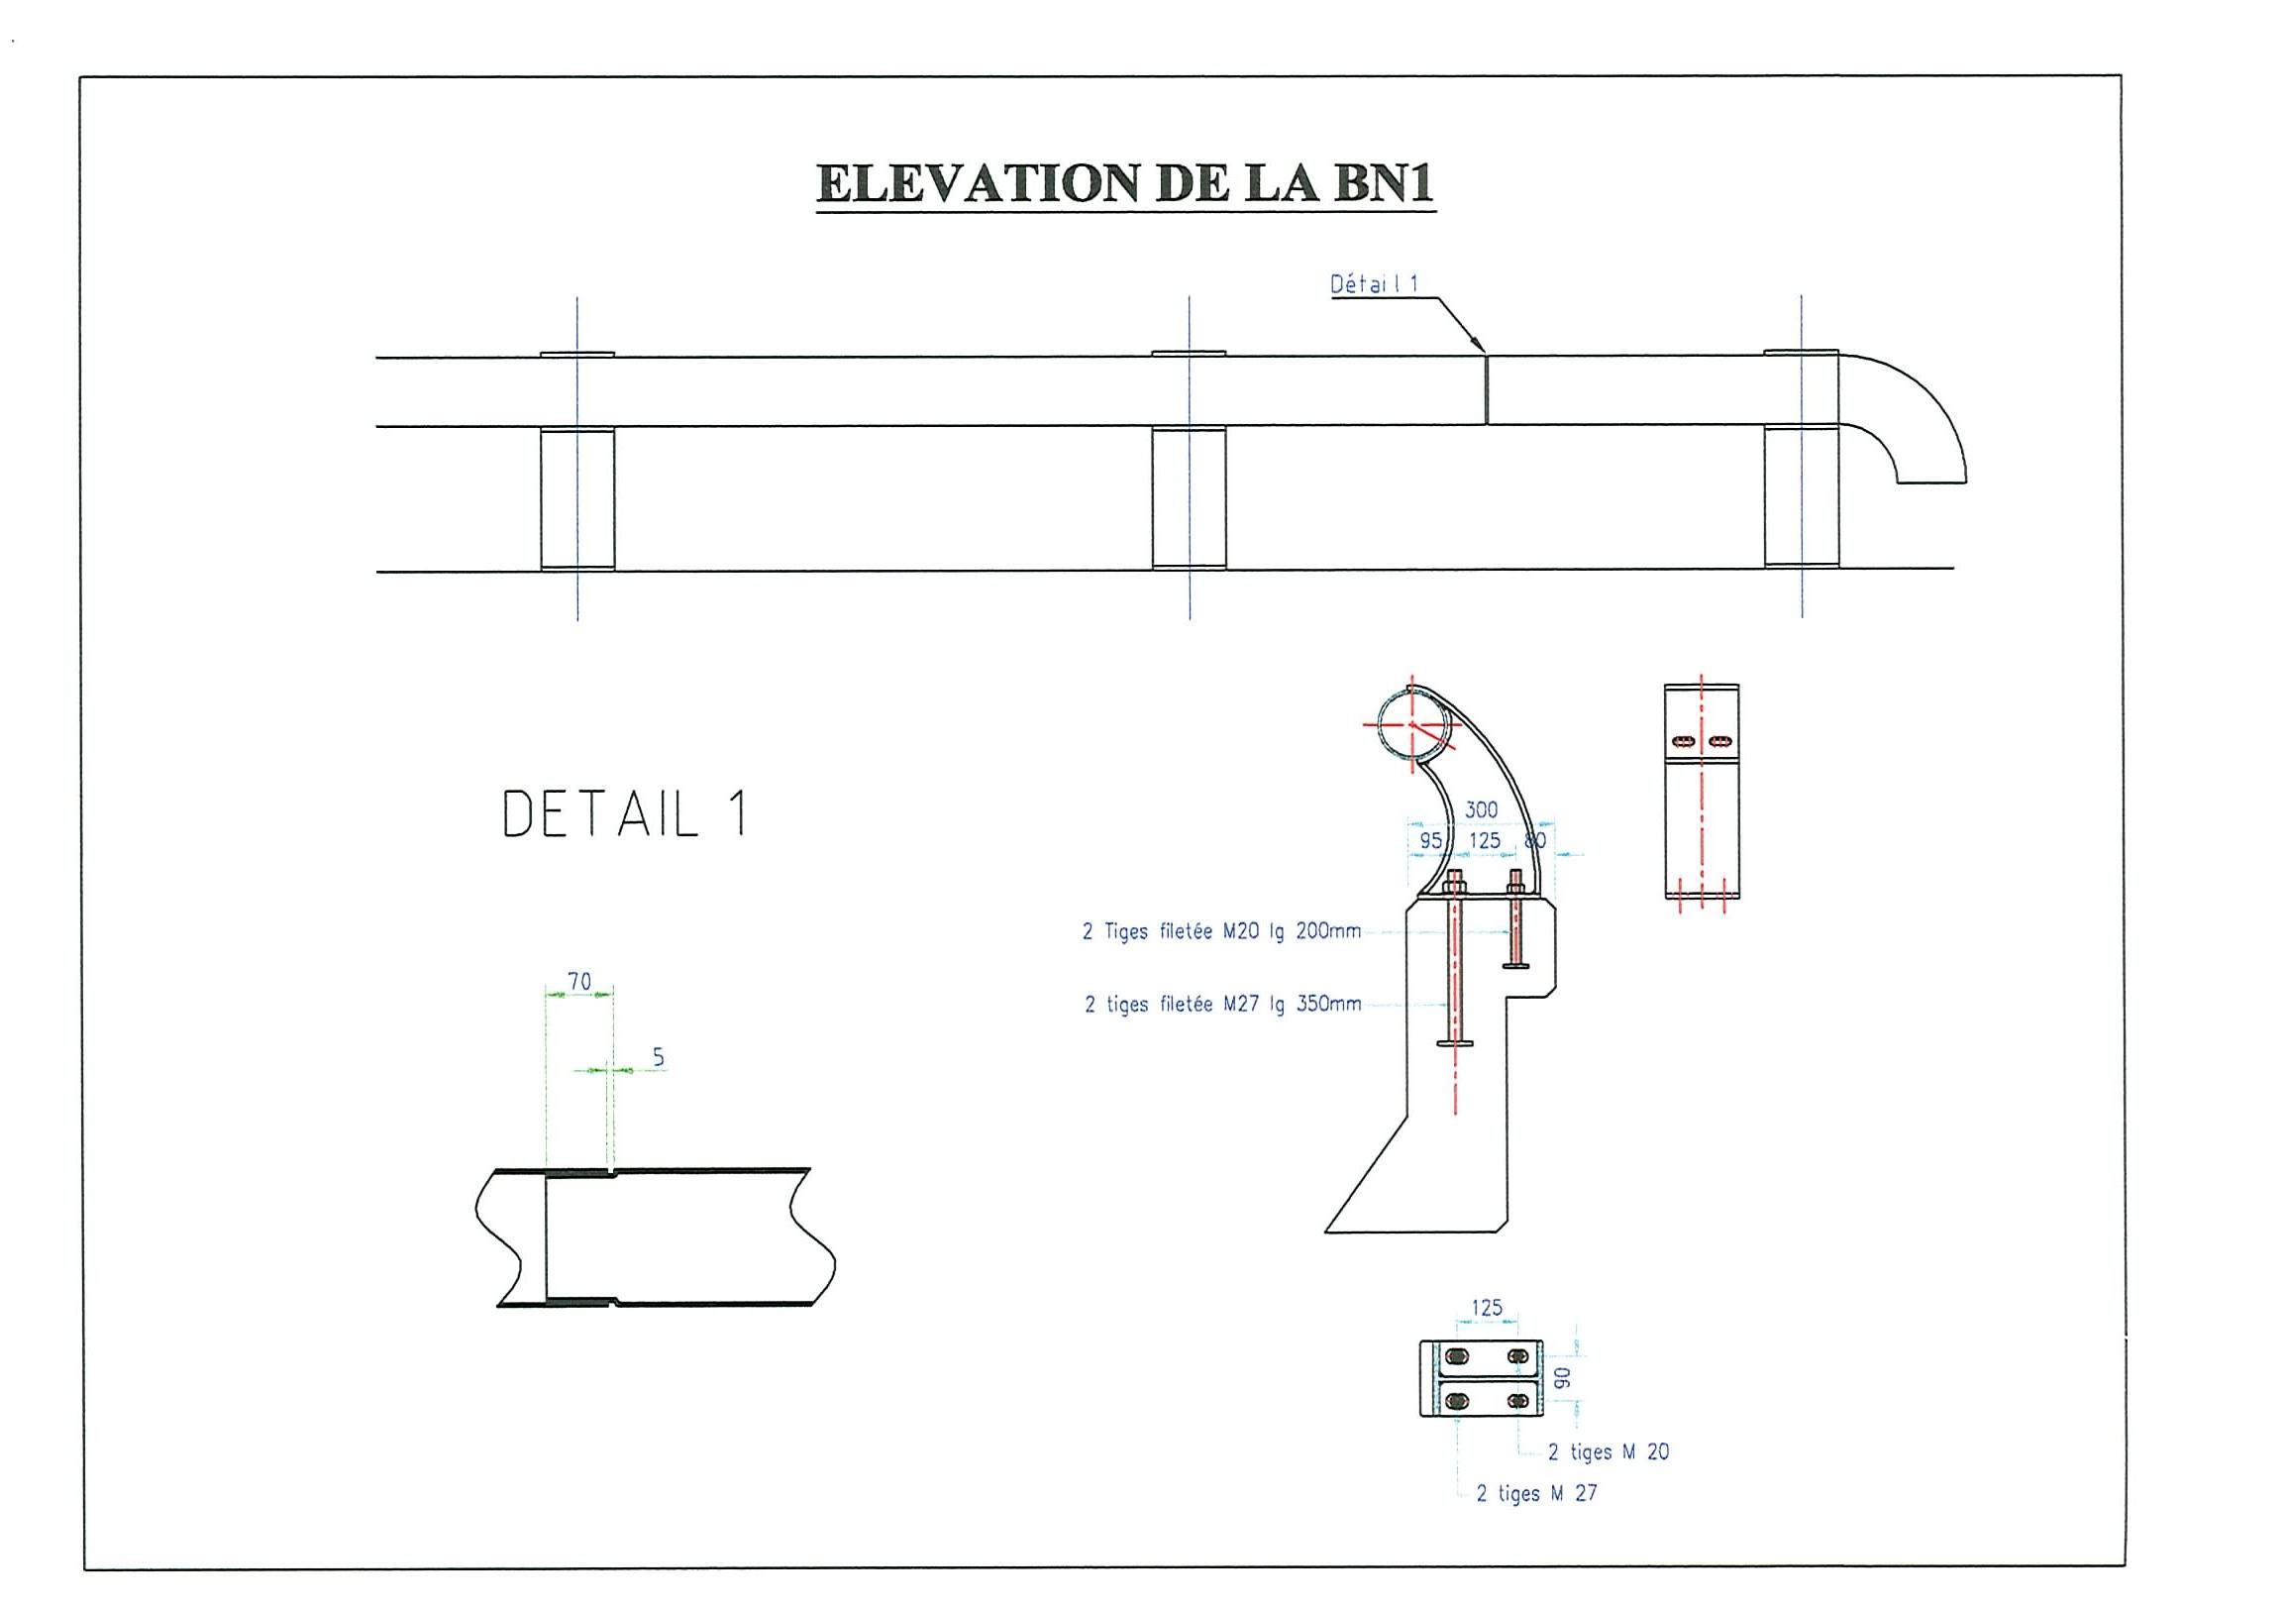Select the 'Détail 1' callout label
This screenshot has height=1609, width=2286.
pyautogui.click(x=1374, y=284)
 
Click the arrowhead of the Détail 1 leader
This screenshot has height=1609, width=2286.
pyautogui.click(x=1481, y=348)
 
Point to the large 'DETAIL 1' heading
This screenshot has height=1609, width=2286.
pyautogui.click(x=625, y=814)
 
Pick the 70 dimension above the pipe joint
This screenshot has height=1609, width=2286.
pyautogui.click(x=578, y=982)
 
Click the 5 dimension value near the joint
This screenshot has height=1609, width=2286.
pyautogui.click(x=658, y=1057)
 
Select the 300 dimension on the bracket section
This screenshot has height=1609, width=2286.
pyautogui.click(x=1481, y=810)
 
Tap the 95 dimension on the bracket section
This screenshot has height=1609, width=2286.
pyautogui.click(x=1431, y=840)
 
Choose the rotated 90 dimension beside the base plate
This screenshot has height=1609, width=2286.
pyautogui.click(x=1562, y=1378)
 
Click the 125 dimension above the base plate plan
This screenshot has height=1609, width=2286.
pyautogui.click(x=1487, y=1308)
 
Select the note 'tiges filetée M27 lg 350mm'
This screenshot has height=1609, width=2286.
pyautogui.click(x=1223, y=1005)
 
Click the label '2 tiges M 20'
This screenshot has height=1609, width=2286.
pyautogui.click(x=1608, y=1451)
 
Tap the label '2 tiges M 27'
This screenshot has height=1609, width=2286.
pyautogui.click(x=1536, y=1493)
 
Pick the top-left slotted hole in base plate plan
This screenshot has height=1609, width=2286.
pyautogui.click(x=1457, y=1355)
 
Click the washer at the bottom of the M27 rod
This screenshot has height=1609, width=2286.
pyautogui.click(x=1456, y=1043)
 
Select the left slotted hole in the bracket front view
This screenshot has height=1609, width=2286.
pyautogui.click(x=1684, y=741)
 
